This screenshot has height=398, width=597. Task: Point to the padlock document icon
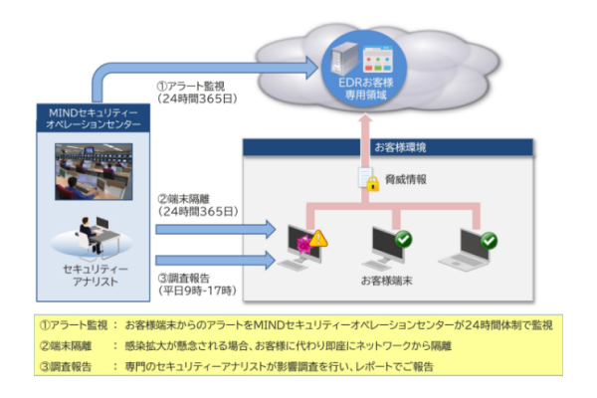(x=368, y=179)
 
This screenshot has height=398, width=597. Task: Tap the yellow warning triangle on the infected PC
(x=317, y=238)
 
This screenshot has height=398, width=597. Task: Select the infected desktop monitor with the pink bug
(x=301, y=247)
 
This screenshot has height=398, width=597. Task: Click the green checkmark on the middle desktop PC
(x=402, y=239)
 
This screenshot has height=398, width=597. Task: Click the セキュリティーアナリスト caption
(x=92, y=277)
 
